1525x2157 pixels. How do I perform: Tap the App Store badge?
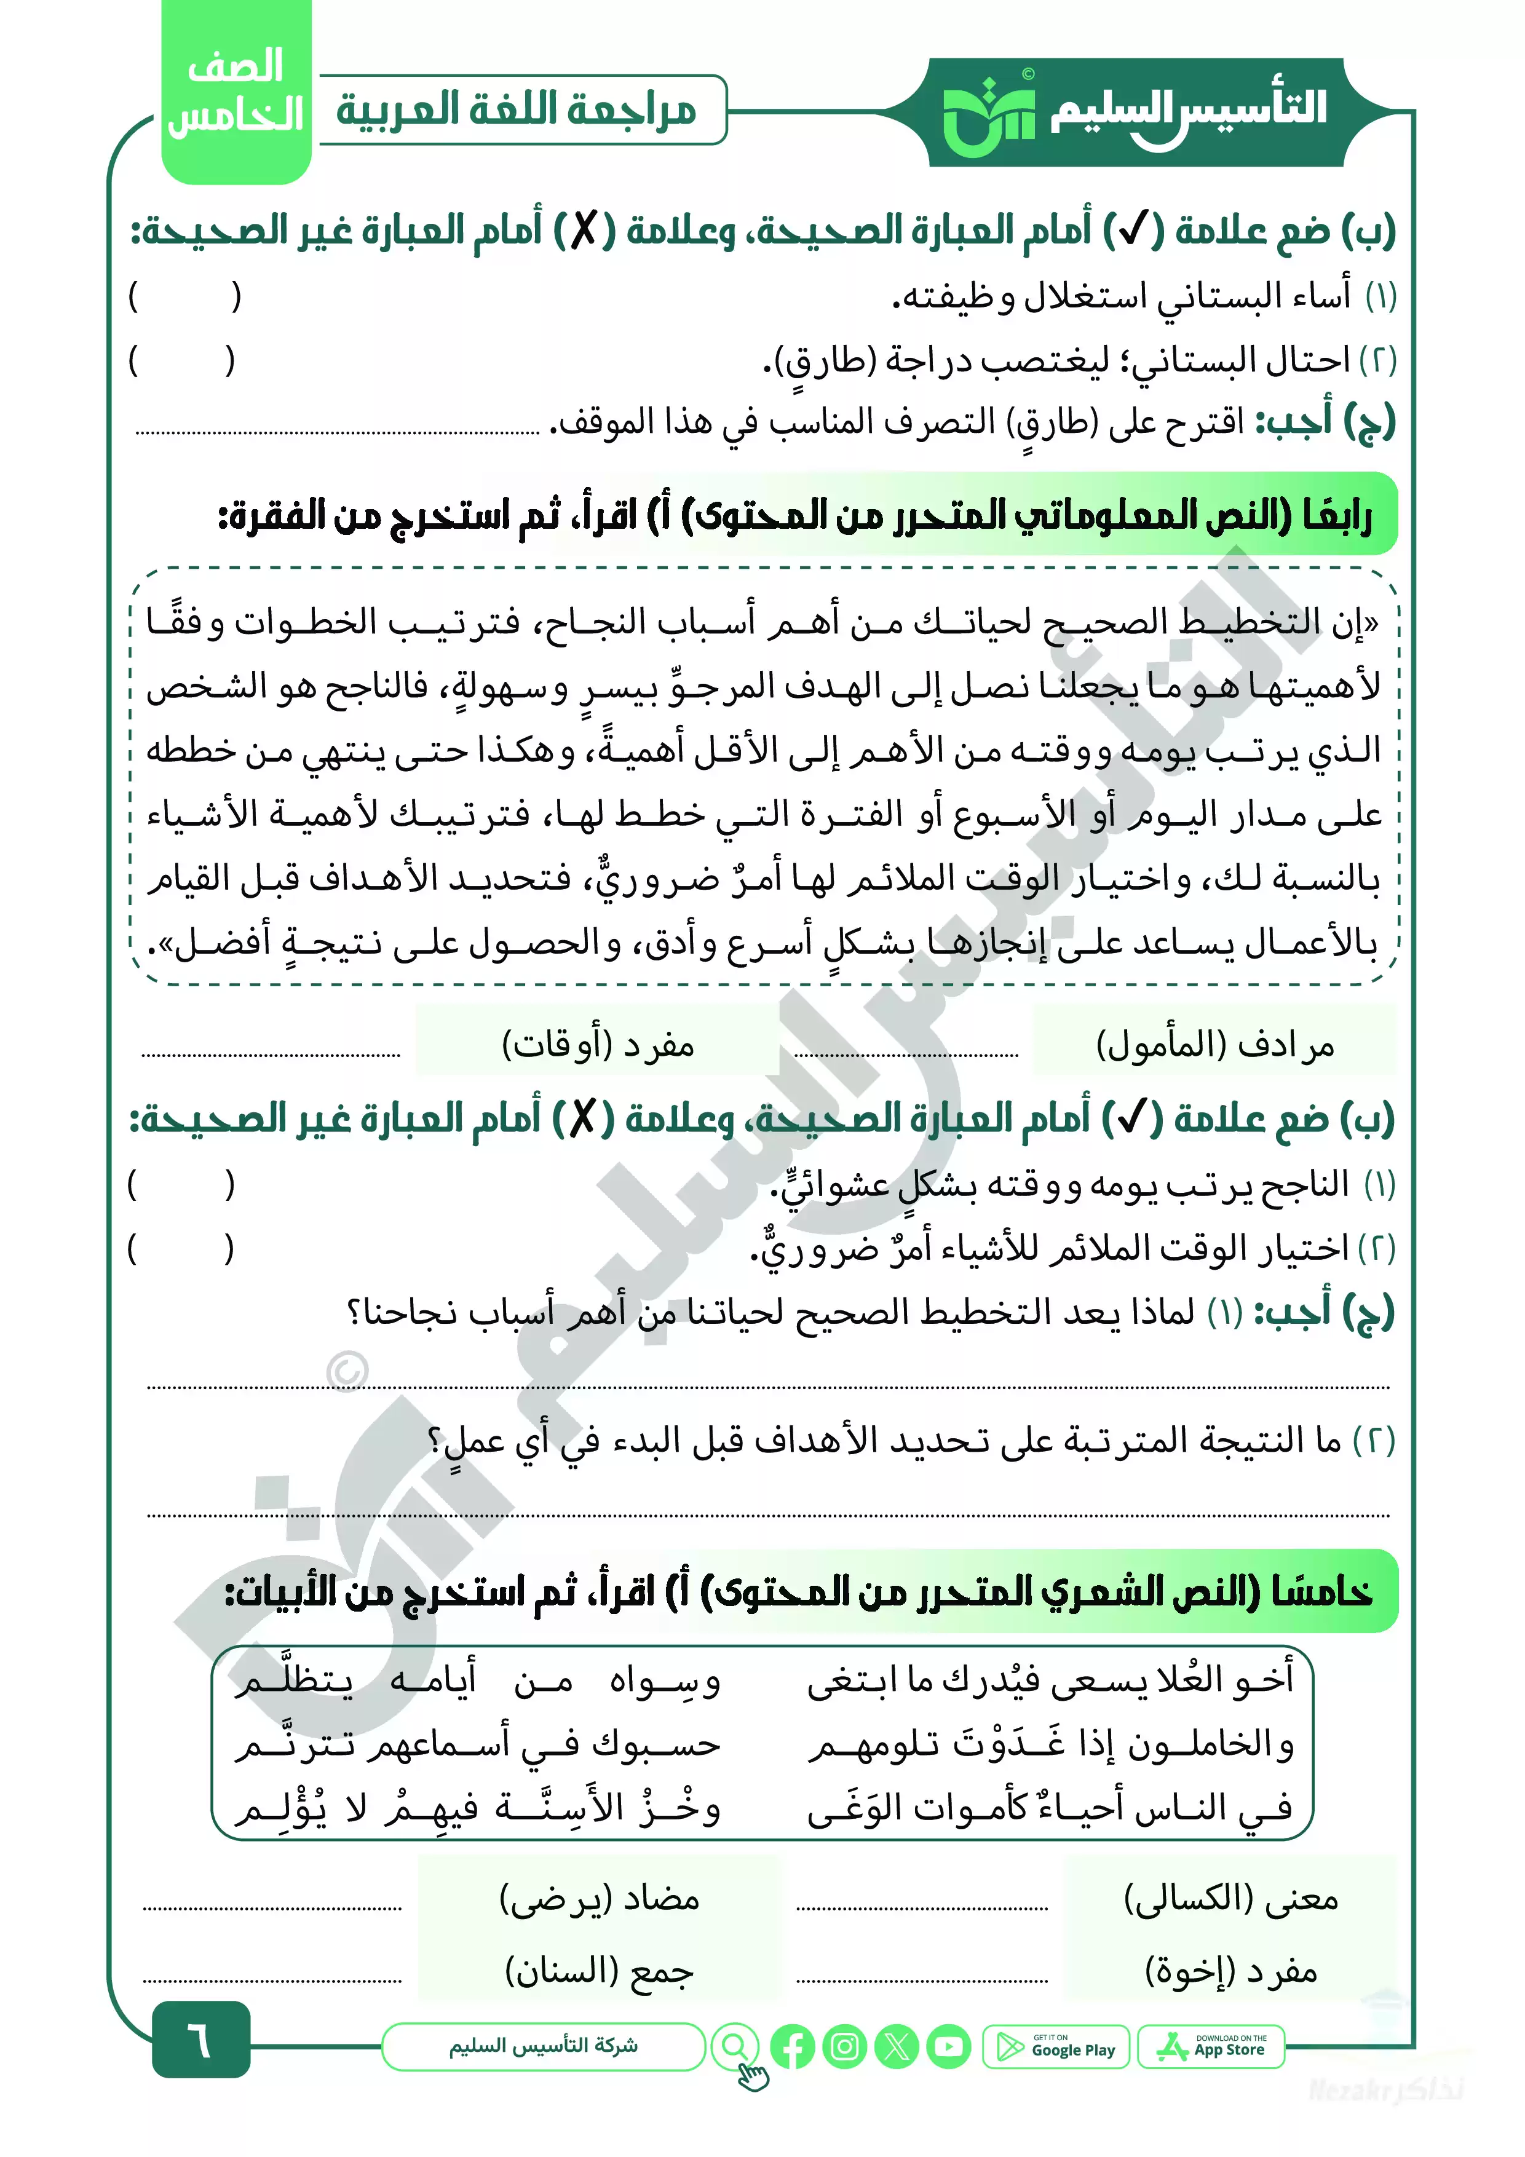(1211, 2047)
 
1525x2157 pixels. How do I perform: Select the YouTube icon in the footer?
(949, 2047)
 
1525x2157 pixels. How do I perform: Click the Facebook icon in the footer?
(792, 2047)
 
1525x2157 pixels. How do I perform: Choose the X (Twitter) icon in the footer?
(897, 2047)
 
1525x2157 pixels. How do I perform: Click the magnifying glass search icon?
(735, 2046)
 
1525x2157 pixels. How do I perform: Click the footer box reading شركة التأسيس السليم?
(543, 2046)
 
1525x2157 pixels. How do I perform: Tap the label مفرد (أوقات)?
(598, 1043)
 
